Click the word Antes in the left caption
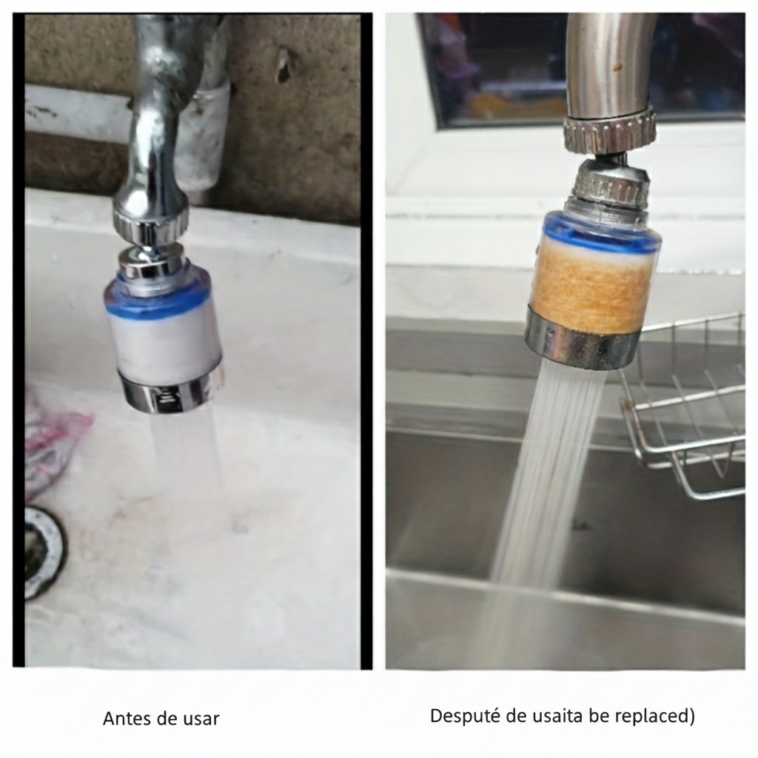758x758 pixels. coord(127,718)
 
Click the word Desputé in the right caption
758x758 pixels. coord(465,716)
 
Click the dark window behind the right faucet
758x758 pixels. coord(580,67)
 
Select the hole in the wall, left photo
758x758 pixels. coord(284,64)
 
